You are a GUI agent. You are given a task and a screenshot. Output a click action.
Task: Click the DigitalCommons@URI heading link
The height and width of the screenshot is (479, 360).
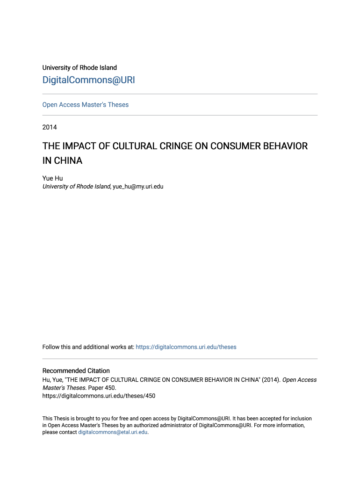pos(88,80)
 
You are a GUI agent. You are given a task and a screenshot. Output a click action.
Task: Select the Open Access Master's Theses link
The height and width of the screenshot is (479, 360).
pos(85,105)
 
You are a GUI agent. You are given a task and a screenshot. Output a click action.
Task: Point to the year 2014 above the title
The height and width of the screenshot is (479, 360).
pos(50,127)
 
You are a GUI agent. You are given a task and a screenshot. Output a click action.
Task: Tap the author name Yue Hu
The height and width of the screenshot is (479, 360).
pos(52,178)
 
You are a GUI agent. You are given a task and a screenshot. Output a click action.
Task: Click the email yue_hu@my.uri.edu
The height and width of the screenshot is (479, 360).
pos(138,187)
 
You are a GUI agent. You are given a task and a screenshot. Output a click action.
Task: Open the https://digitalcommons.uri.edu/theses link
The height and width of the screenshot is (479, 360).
pos(186,347)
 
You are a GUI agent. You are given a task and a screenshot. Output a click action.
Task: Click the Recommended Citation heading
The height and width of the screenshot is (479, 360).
pos(76,371)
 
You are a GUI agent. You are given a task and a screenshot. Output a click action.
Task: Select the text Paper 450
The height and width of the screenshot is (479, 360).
pos(101,388)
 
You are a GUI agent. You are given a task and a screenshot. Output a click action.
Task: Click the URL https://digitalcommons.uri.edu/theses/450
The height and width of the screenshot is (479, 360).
pos(99,396)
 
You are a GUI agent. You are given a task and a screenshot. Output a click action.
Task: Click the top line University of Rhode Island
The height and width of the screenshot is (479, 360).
pos(79,68)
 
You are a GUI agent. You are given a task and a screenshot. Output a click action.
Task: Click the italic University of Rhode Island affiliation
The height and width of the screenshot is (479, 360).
pos(76,187)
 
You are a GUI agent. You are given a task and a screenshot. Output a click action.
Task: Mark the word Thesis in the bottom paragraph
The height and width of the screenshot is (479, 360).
pos(62,419)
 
